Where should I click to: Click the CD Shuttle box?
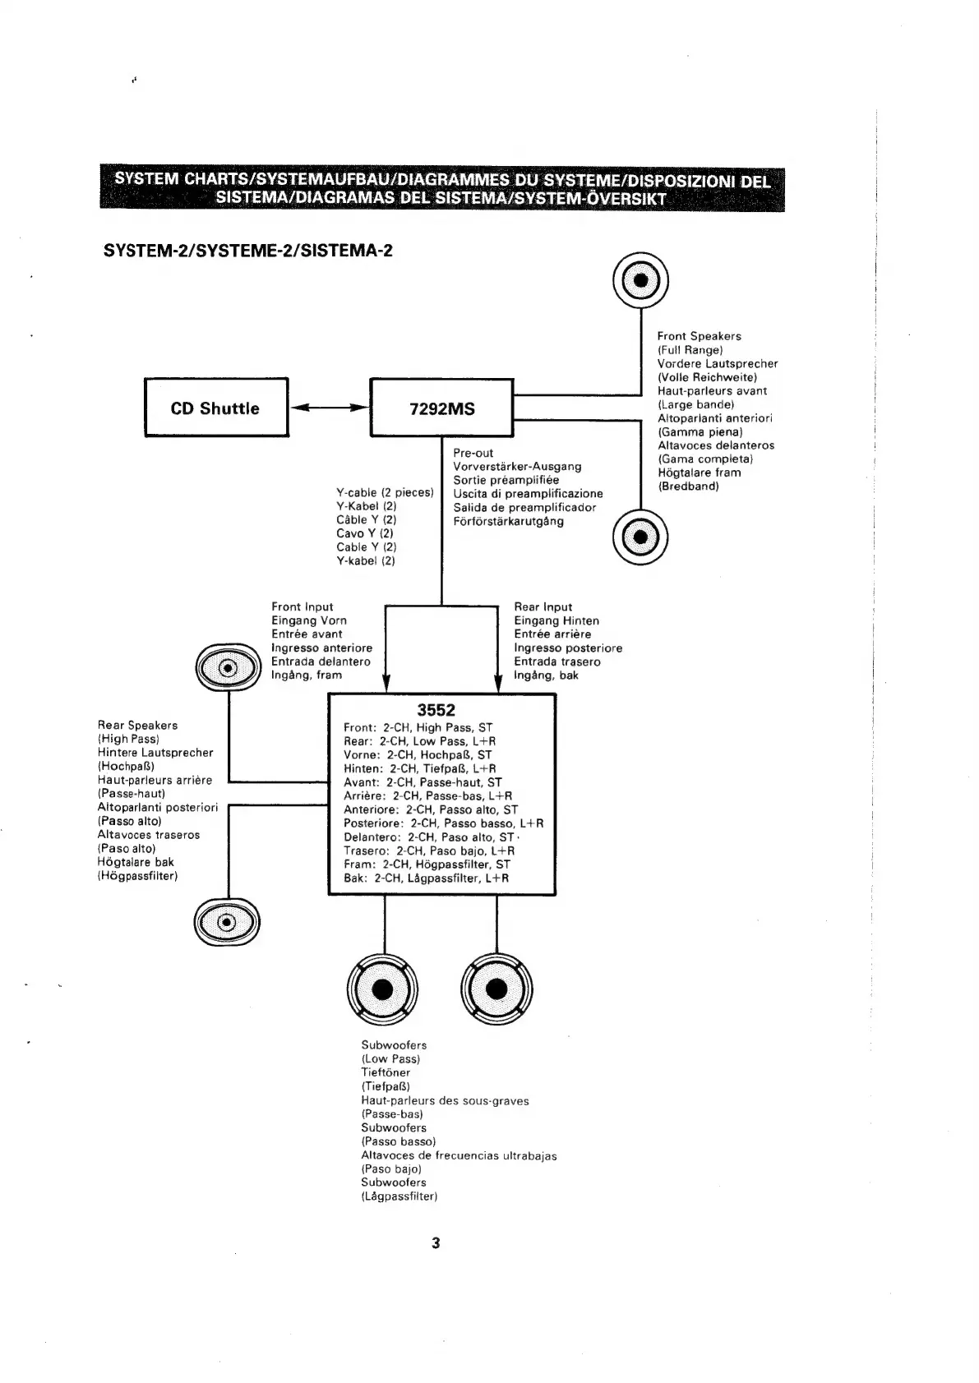pos(216,408)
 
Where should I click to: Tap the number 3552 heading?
pos(436,710)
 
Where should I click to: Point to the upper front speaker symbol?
pos(641,279)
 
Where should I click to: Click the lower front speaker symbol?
pos(641,538)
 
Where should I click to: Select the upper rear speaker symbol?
pos(228,666)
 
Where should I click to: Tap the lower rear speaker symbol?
pos(227,922)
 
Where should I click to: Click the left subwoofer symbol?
pos(383,989)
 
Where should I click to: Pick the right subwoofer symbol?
pos(497,989)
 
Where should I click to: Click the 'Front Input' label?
pos(302,606)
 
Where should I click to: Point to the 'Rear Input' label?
pos(543,606)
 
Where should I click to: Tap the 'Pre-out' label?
pos(473,453)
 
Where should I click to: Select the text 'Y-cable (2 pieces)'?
pos(384,492)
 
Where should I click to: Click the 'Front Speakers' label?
pos(699,336)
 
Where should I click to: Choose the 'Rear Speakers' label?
pos(137,725)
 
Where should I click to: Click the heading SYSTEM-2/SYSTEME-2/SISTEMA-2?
pos(247,250)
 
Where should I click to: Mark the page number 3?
pos(436,1243)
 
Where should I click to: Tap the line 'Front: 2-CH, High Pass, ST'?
pos(418,727)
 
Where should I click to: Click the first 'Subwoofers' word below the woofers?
pos(394,1045)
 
